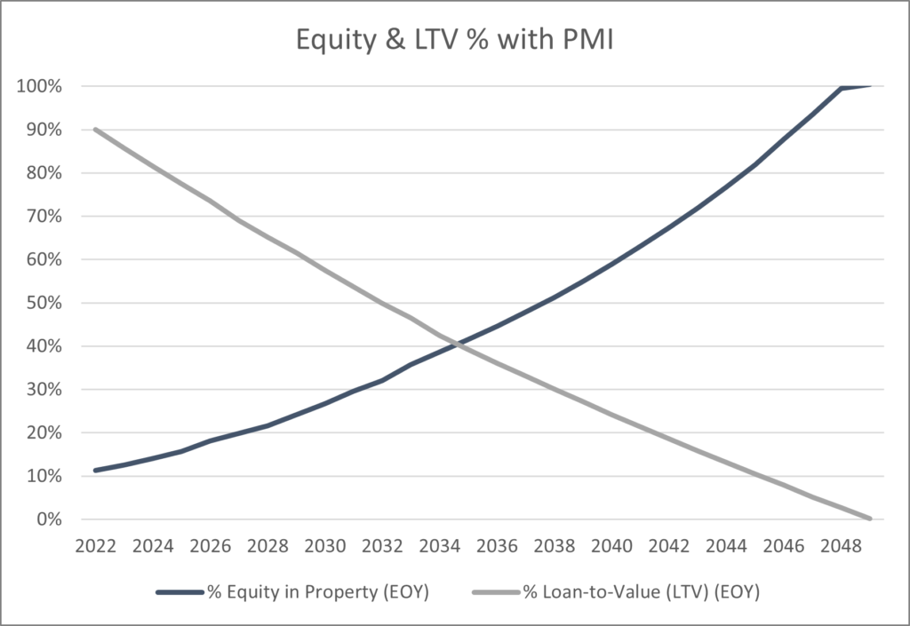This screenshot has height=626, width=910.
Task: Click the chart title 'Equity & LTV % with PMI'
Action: (454, 40)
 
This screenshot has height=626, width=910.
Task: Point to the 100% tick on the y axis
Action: (38, 87)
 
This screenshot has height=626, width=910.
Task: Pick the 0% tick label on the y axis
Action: (45, 519)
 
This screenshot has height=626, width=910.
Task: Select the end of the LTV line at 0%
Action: (871, 519)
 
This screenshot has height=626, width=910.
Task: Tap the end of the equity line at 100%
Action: (871, 86)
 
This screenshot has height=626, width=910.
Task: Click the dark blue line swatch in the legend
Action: (181, 592)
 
